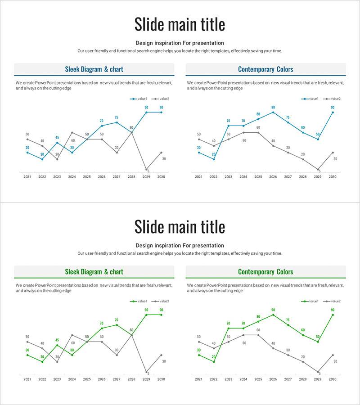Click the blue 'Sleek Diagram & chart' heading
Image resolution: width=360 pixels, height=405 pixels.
94,69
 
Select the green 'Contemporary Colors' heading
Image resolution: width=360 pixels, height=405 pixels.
265,272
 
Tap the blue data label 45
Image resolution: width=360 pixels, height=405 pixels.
57,138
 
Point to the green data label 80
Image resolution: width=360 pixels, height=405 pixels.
258,316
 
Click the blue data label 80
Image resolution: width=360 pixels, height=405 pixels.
258,114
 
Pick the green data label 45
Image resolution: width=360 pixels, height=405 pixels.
57,340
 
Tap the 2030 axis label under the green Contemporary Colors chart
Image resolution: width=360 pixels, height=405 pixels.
333,379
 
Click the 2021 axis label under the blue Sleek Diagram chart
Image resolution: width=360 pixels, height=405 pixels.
27,177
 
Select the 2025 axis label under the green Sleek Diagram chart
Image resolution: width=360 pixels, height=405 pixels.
87,379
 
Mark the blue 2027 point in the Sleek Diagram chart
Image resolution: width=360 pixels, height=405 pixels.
117,122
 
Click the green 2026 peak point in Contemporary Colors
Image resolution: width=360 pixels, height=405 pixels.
273,315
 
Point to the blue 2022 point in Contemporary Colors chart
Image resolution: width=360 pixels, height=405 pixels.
214,159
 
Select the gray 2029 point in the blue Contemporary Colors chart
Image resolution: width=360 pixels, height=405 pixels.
318,170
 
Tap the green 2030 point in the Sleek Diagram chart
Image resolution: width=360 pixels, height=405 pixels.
161,315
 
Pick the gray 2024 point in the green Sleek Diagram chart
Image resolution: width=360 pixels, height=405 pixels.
72,335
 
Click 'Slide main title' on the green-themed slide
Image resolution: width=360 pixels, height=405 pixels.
180,226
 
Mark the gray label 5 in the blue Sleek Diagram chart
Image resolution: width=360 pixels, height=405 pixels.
148,171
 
